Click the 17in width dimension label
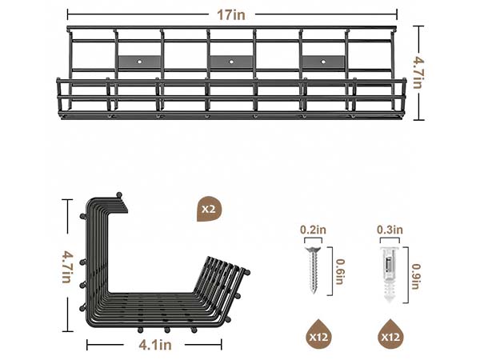pyautogui.click(x=231, y=14)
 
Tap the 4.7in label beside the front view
pyautogui.click(x=418, y=73)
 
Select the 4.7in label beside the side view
pyautogui.click(x=67, y=266)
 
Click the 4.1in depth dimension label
pyautogui.click(x=155, y=345)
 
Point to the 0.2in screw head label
pyautogui.click(x=313, y=230)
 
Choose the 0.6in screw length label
pyautogui.click(x=341, y=272)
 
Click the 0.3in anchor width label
pyautogui.click(x=390, y=230)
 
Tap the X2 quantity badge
pyautogui.click(x=209, y=209)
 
